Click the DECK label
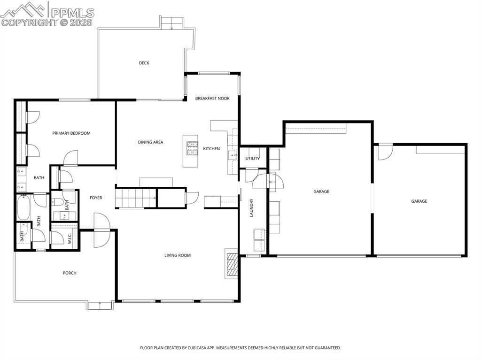tap(144, 63)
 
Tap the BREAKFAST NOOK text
tap(212, 99)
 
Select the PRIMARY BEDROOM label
tap(71, 133)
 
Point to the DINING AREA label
tap(150, 142)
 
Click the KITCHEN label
tap(211, 149)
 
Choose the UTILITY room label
tap(252, 159)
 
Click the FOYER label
tap(96, 198)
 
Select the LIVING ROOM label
tap(177, 256)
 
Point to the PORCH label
tap(70, 273)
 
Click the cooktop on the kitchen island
tap(192, 148)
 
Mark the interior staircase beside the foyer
tap(136, 198)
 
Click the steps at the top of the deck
tap(172, 23)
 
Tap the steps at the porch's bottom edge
tap(100, 306)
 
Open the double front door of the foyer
tap(101, 230)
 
